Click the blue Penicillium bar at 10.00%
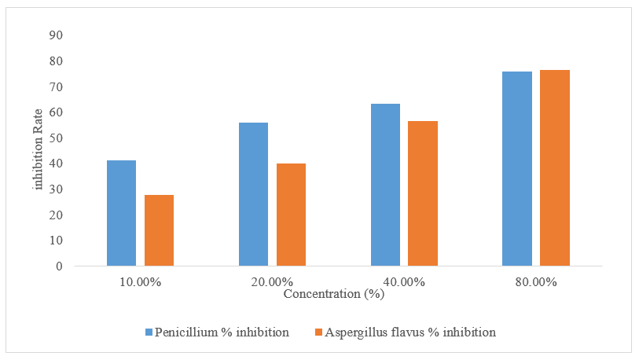(122, 213)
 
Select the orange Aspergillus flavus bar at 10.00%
(160, 230)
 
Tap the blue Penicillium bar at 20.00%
(254, 194)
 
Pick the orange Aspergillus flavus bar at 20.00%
(292, 215)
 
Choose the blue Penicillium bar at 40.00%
(385, 185)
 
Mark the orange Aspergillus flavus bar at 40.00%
(423, 193)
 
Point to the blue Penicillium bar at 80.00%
(517, 169)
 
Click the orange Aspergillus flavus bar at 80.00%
(555, 168)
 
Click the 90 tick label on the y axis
(56, 35)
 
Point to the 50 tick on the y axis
(56, 138)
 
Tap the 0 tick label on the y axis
(60, 266)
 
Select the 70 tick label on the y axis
(56, 86)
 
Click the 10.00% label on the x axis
(140, 281)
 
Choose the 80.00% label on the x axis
(536, 281)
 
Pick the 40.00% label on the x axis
(404, 281)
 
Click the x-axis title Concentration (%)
(334, 294)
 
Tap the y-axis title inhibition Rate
(38, 149)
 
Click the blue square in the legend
(149, 332)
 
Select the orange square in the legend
(318, 332)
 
